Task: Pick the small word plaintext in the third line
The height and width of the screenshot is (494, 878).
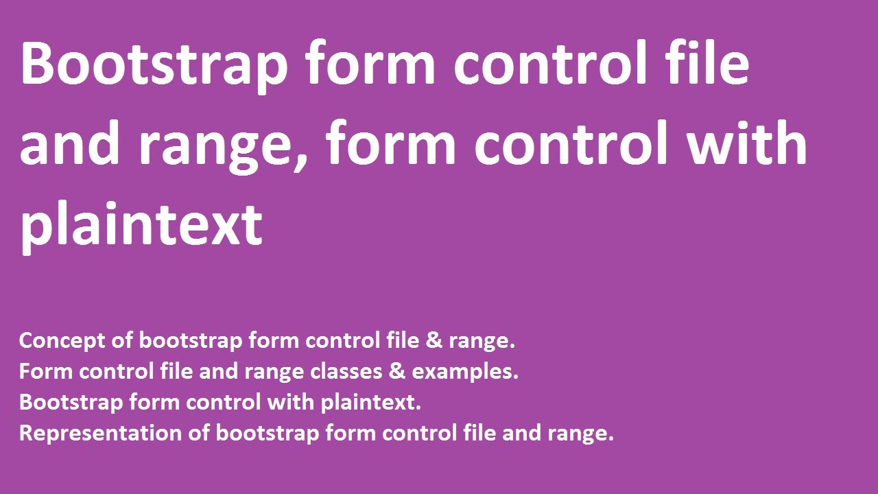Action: (370, 403)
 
